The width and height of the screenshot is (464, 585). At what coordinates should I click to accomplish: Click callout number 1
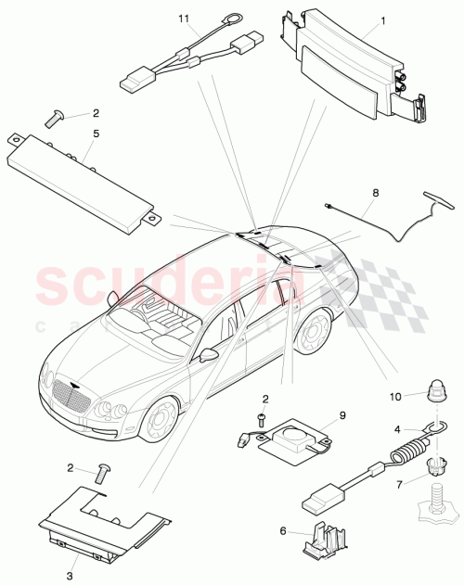click(357, 19)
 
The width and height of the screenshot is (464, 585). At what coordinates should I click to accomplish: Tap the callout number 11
click(183, 18)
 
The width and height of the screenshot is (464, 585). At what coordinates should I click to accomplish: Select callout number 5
click(95, 132)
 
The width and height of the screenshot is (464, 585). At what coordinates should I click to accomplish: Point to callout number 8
click(375, 195)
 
